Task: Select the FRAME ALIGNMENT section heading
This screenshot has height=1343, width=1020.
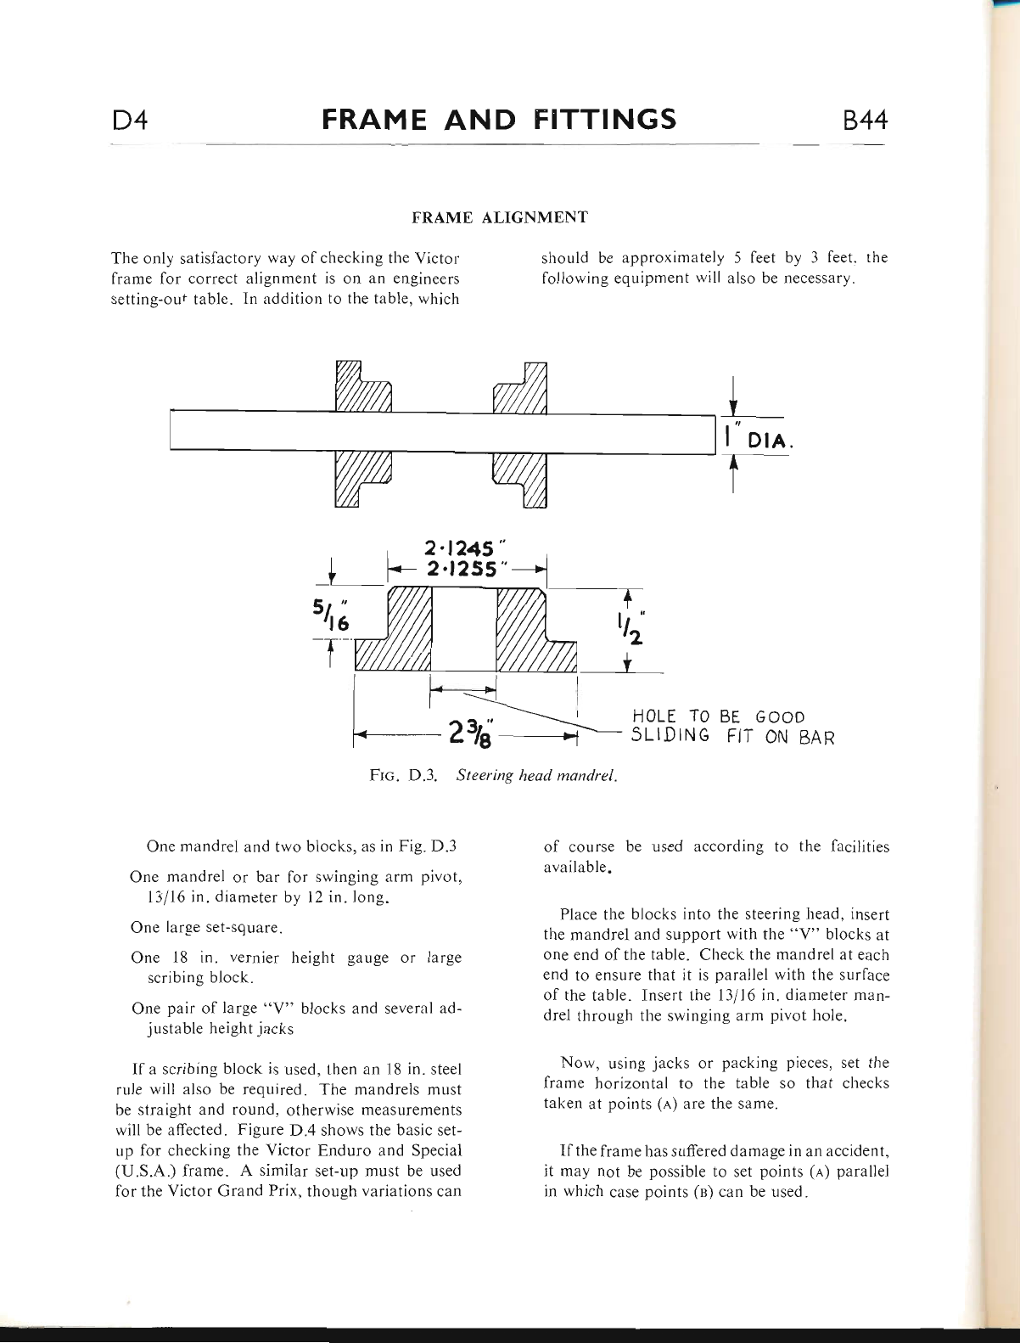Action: pos(500,217)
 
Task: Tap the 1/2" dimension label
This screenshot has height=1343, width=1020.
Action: pos(629,627)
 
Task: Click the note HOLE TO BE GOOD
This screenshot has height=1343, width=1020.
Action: pos(718,717)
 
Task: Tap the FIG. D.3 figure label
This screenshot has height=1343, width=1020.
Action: pos(403,775)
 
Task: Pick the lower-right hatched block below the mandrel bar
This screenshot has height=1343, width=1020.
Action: pos(521,479)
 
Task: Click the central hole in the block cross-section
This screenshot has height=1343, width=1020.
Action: pos(463,629)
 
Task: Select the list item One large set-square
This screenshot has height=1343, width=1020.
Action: pos(206,928)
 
